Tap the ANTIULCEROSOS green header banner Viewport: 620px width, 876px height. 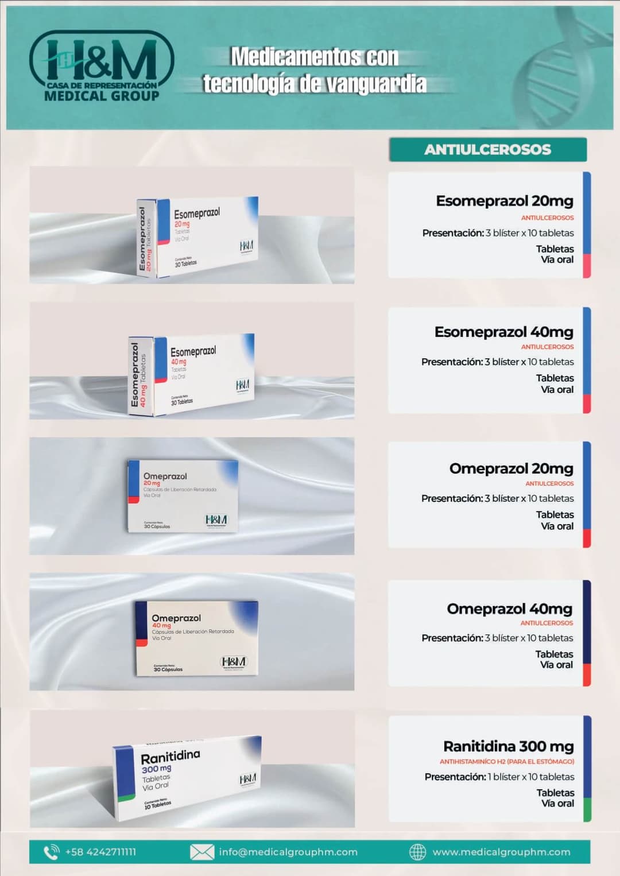click(x=487, y=150)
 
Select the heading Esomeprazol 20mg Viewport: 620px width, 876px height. click(x=504, y=201)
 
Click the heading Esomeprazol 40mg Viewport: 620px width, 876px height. click(x=503, y=332)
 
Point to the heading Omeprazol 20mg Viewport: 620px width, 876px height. click(x=511, y=468)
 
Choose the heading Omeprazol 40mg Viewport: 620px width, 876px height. click(x=509, y=608)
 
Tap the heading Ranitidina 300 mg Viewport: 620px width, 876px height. click(x=508, y=746)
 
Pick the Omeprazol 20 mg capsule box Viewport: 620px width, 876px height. click(x=183, y=496)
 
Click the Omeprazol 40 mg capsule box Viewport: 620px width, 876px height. click(x=197, y=638)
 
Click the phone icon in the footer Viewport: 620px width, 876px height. click(x=52, y=852)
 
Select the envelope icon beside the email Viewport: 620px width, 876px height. click(x=202, y=852)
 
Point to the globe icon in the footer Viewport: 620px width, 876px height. click(x=417, y=852)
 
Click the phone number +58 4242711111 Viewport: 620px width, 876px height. click(x=100, y=852)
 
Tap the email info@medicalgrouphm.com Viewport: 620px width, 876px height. click(x=288, y=852)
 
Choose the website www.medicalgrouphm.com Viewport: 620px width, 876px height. click(x=501, y=852)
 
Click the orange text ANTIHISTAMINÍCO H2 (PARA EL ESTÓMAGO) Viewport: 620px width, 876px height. click(x=506, y=762)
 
